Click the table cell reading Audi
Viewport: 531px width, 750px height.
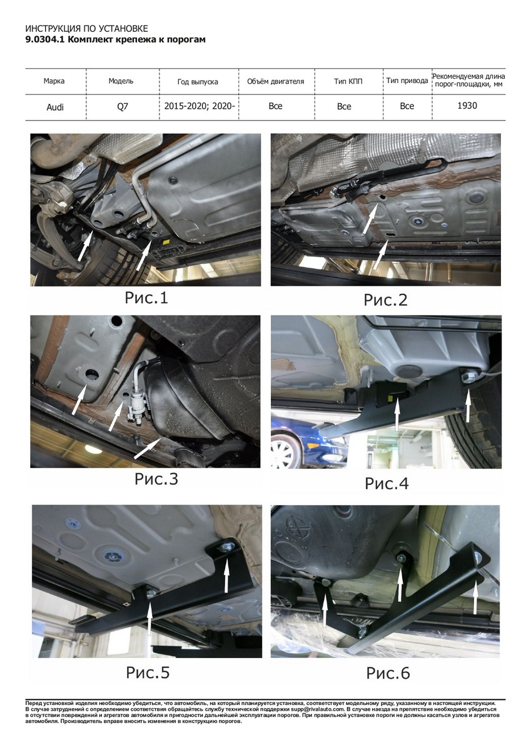[55, 107]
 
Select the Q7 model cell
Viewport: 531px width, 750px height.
[123, 107]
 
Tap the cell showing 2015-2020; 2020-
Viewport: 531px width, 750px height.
[200, 106]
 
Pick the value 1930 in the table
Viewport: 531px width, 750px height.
[467, 106]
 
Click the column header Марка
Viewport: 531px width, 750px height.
[54, 81]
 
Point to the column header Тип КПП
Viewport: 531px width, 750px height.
[348, 81]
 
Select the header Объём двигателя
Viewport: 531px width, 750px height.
[275, 81]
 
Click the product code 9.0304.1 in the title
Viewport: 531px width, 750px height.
[46, 39]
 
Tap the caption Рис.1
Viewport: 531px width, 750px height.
[146, 297]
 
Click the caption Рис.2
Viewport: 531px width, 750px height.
[386, 299]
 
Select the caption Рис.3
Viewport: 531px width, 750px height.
[156, 479]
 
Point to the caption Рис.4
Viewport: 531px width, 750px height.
[387, 483]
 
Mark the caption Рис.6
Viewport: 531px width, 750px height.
[388, 673]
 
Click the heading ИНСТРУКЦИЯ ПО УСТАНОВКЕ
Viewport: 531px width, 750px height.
[86, 29]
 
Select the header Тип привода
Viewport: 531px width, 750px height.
[407, 81]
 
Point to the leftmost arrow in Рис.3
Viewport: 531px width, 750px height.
[79, 399]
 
